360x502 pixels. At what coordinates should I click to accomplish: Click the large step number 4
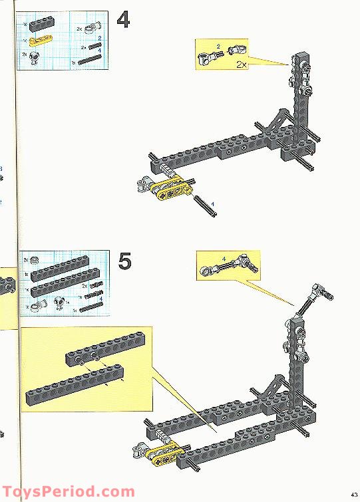(123, 19)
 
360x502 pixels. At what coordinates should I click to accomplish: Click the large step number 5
(124, 260)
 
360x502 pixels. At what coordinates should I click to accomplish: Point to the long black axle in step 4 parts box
(90, 60)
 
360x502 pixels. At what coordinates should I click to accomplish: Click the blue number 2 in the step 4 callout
(218, 46)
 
